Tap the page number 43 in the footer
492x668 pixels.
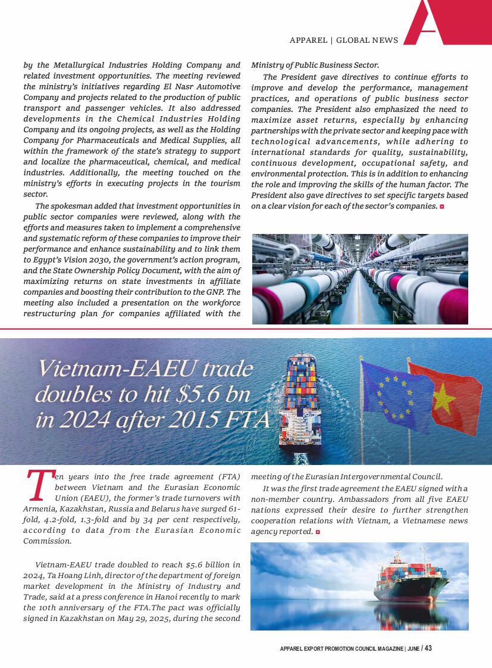(x=428, y=648)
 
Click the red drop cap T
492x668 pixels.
(x=38, y=485)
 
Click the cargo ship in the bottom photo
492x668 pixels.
(x=410, y=580)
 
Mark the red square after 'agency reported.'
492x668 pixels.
(x=318, y=531)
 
